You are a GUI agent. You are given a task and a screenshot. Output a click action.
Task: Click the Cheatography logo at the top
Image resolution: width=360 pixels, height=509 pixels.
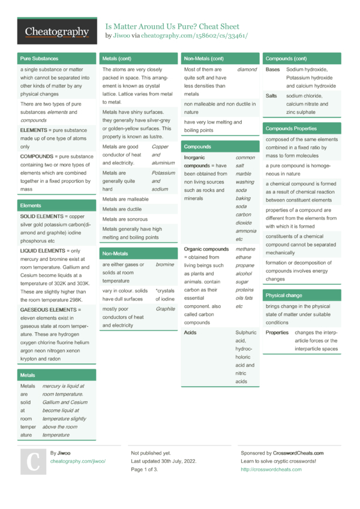[57, 31]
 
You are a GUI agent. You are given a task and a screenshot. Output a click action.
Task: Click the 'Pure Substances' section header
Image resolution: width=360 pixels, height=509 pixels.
[39, 59]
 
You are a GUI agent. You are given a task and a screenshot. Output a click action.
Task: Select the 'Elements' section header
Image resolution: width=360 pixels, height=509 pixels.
[31, 205]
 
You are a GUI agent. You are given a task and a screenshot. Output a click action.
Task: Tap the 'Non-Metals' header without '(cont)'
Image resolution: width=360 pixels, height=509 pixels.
[115, 253]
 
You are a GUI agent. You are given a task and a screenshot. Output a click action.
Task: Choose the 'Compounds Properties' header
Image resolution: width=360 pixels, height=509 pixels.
[292, 128]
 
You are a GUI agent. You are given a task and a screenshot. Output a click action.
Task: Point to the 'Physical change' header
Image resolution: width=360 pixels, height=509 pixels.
[284, 295]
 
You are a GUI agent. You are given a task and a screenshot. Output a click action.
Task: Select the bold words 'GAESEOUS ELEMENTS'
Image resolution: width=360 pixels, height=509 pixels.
[47, 309]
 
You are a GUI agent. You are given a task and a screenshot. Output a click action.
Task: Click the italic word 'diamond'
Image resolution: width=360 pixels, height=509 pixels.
[247, 70]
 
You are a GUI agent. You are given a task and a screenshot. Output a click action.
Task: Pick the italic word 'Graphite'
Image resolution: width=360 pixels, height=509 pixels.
[165, 309]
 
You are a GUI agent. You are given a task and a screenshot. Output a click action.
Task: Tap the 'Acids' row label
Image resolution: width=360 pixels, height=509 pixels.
[190, 332]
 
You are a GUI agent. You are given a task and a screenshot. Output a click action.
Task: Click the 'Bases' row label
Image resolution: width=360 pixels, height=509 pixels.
[272, 70]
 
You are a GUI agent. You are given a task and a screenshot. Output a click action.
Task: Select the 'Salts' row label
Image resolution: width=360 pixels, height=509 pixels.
[271, 95]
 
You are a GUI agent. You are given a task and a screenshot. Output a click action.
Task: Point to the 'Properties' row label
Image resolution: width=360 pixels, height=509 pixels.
[277, 332]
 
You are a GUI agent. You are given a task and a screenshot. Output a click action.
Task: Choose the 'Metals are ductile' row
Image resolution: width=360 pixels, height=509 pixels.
[122, 209]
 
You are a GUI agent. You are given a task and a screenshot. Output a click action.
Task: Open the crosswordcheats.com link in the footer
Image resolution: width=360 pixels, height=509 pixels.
[271, 469]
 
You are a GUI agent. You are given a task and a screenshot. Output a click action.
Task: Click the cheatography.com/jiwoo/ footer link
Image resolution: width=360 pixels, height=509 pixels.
[78, 461]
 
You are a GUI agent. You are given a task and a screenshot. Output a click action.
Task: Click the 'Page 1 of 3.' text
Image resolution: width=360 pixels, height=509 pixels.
[145, 469]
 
